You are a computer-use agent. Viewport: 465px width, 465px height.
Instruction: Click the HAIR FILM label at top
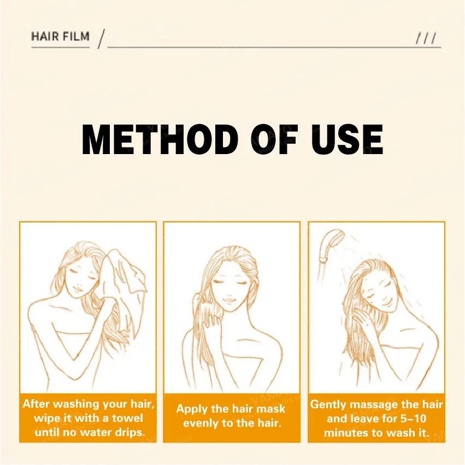60,37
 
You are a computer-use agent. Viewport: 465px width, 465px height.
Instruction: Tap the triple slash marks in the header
425,38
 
